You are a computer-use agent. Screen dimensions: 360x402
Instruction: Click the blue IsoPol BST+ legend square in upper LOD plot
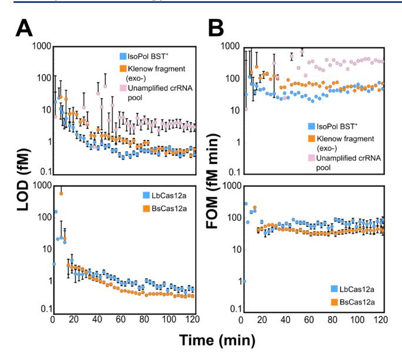point(123,57)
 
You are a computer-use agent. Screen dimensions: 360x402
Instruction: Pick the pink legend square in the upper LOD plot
point(123,88)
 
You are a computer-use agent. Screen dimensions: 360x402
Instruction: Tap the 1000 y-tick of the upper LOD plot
point(38,46)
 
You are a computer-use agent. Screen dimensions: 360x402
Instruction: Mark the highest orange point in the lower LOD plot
point(61,194)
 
